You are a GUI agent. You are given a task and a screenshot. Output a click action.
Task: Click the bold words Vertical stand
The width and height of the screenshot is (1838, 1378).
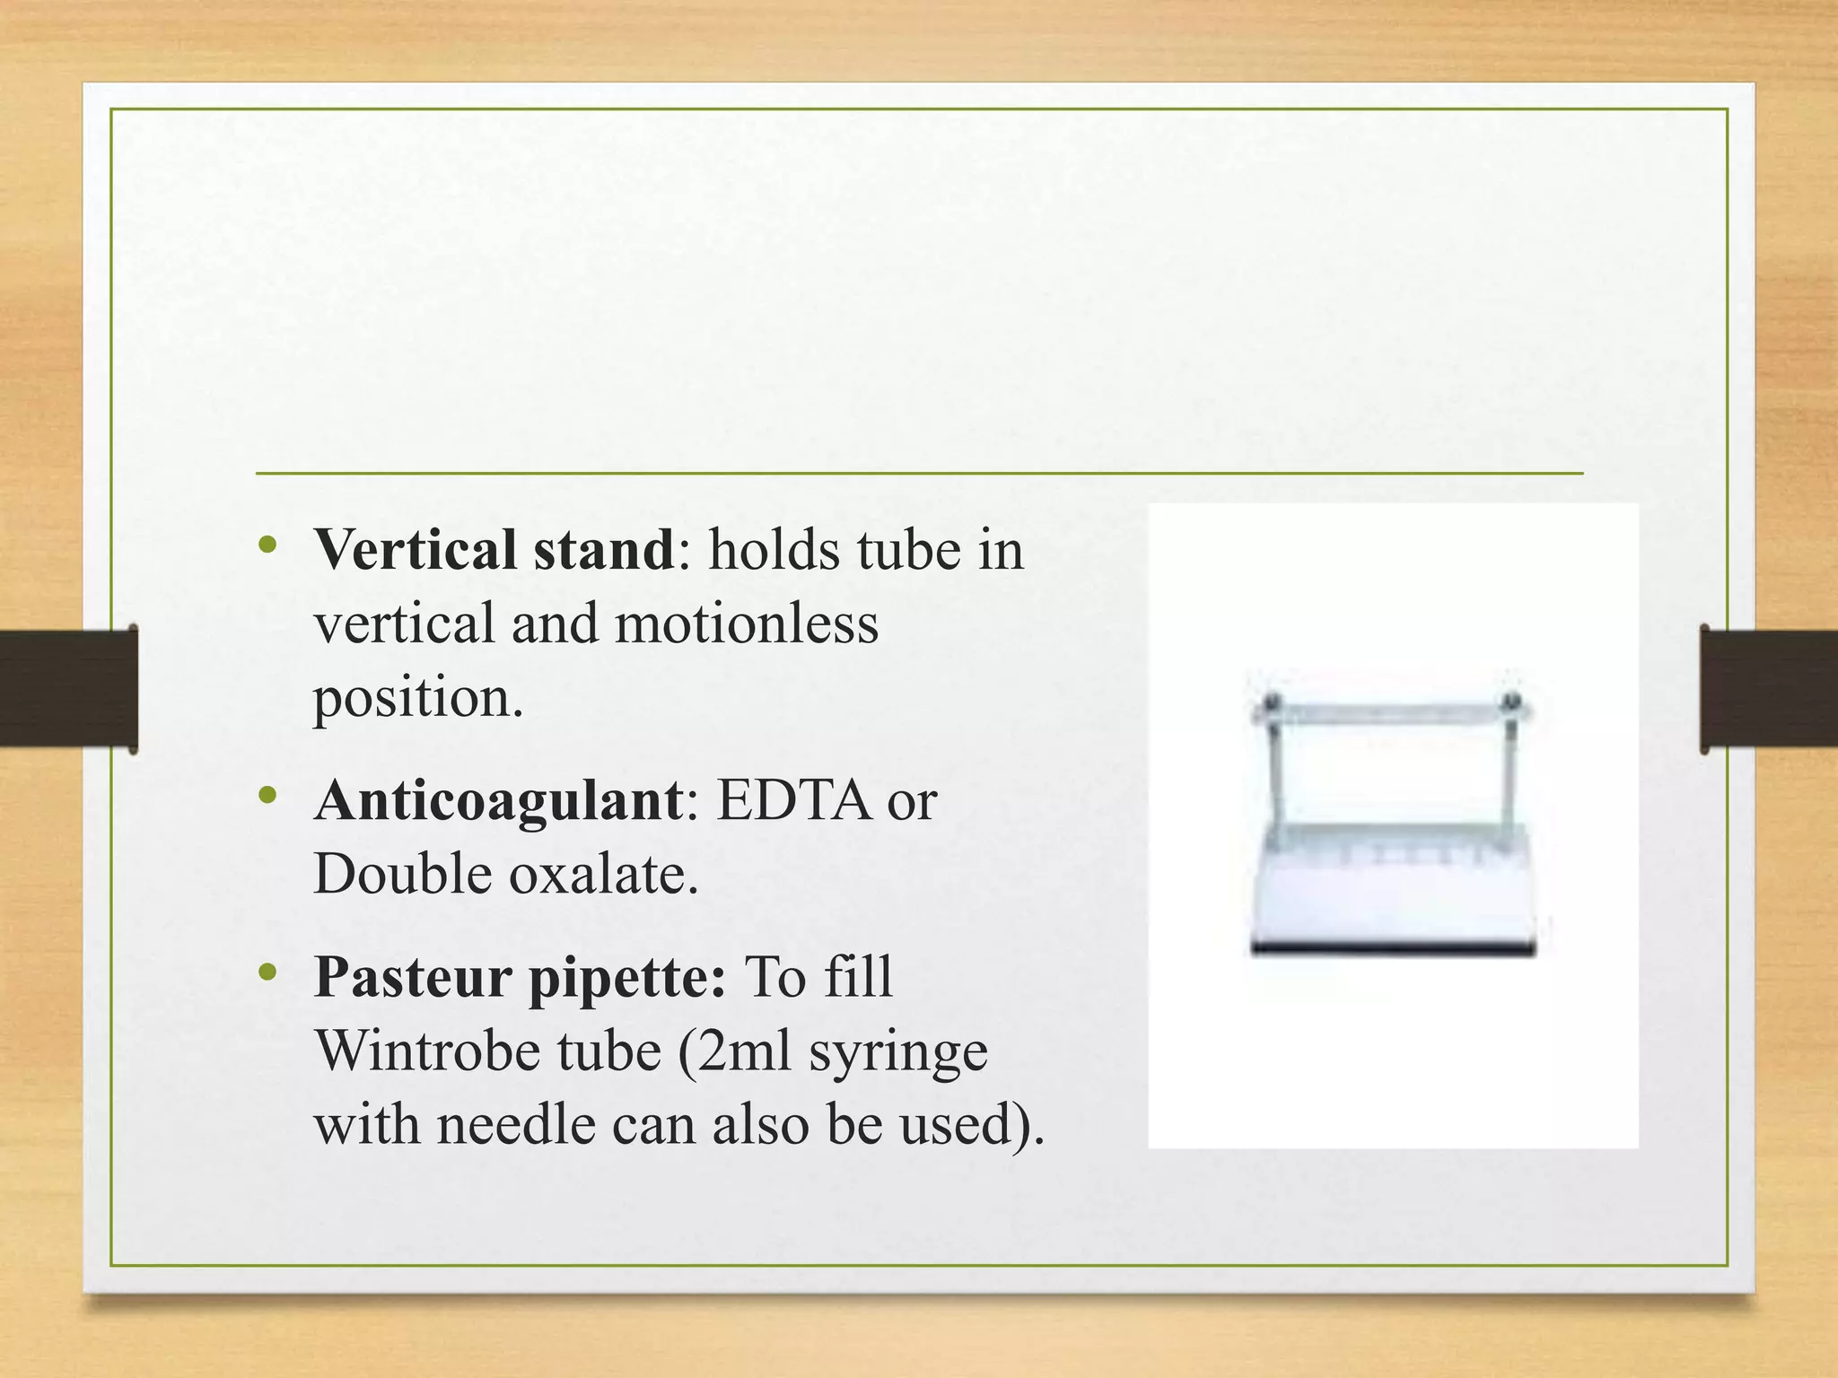tap(494, 549)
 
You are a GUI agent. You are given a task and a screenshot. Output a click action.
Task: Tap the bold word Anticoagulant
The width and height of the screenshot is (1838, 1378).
tap(499, 799)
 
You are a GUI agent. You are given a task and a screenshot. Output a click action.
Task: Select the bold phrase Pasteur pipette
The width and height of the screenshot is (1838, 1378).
tap(520, 977)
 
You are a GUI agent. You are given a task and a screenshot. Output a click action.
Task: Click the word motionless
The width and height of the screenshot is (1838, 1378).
tap(746, 623)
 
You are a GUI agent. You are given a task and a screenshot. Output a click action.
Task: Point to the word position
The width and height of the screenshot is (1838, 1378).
tap(416, 698)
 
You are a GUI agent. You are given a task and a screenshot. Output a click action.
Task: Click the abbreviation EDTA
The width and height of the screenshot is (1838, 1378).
tap(793, 799)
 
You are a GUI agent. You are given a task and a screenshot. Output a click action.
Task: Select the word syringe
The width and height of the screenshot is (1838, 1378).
tap(897, 1051)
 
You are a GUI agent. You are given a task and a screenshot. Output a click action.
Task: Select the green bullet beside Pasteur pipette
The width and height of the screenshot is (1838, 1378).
tap(267, 972)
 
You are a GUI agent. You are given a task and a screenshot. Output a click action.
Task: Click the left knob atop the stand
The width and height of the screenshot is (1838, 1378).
tap(1269, 702)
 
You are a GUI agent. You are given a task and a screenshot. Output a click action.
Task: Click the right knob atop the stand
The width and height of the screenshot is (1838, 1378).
tap(1512, 701)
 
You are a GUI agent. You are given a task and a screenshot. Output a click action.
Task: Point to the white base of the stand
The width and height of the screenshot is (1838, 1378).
tap(1393, 906)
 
